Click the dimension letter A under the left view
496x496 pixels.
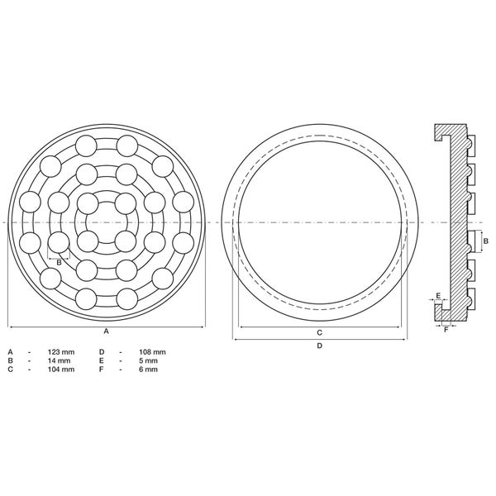106,331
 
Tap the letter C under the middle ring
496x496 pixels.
319,331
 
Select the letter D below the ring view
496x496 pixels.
319,346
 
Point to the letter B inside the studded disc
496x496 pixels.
59,262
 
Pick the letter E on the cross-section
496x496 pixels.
437,295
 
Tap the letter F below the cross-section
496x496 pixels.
446,329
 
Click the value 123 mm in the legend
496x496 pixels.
61,352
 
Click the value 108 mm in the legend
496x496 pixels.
153,352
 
